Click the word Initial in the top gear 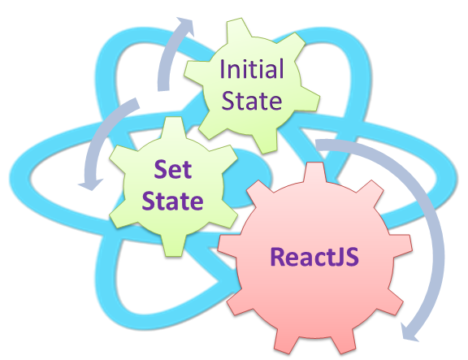click(x=251, y=68)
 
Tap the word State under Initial click(x=252, y=101)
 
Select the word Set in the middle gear click(x=173, y=169)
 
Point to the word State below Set click(x=172, y=201)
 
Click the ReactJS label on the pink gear click(x=314, y=257)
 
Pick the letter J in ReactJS click(x=340, y=257)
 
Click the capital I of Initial click(x=222, y=68)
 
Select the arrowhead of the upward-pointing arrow click(x=185, y=26)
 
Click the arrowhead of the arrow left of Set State click(x=90, y=184)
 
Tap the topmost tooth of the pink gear click(x=314, y=172)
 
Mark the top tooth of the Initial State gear click(x=237, y=28)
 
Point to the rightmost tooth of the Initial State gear click(x=310, y=100)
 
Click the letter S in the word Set click(x=160, y=170)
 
